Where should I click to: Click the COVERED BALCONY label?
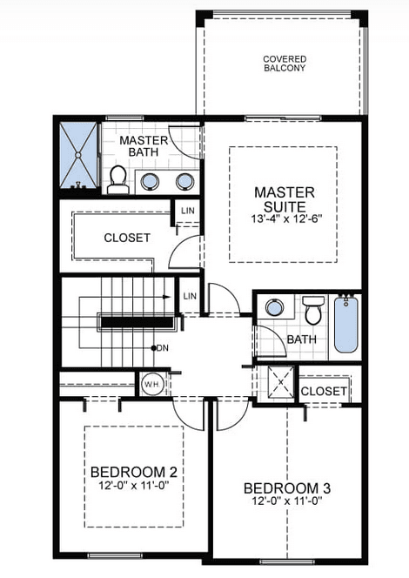point(285,64)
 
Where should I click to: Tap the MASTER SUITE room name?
point(284,199)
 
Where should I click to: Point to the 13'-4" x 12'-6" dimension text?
point(284,219)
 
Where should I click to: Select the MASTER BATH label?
point(144,147)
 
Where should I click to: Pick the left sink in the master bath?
point(150,181)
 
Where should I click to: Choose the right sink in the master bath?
point(184,181)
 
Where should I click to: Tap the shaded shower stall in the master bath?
point(79,157)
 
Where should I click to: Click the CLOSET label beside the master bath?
point(127,238)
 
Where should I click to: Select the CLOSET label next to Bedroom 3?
point(323,392)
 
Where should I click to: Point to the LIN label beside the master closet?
point(187,212)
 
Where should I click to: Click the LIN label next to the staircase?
point(191,297)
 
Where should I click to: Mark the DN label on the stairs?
point(161,348)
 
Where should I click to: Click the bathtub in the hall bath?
point(346,324)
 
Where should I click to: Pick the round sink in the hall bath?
point(274,307)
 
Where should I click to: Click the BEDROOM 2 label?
point(134,473)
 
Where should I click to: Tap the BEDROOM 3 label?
point(286,488)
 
